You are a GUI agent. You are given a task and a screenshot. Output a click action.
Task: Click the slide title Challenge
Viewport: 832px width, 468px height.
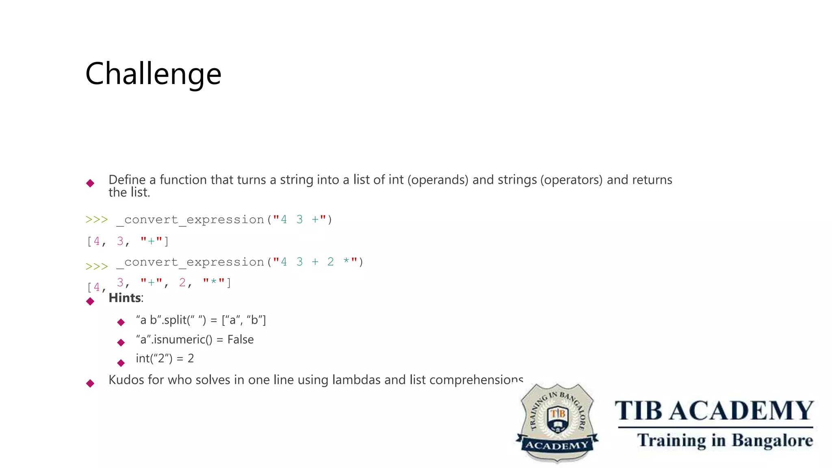pos(153,74)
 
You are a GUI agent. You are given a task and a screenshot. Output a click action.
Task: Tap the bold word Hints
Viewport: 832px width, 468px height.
pos(125,298)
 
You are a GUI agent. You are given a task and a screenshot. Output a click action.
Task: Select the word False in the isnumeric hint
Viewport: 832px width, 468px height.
pos(240,339)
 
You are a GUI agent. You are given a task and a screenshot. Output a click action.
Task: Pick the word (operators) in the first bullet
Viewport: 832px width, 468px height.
pos(571,180)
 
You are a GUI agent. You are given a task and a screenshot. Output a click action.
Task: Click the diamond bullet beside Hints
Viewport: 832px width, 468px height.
pos(90,301)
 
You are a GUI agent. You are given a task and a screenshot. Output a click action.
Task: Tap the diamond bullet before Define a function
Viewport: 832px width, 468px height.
pos(90,183)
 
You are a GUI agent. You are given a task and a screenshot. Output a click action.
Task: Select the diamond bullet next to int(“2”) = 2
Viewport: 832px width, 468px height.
pos(121,363)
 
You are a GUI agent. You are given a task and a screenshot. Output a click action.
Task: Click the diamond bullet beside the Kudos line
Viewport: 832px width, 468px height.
pos(90,383)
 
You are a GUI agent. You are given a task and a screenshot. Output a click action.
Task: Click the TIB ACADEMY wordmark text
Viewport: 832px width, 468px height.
pos(714,411)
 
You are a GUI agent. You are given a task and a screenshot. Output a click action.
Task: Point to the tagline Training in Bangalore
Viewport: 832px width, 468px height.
pos(725,440)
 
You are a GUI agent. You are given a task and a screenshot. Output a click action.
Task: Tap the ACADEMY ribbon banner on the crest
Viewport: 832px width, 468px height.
pos(557,446)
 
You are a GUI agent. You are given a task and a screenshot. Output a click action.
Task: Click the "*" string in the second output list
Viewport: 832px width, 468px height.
pos(214,282)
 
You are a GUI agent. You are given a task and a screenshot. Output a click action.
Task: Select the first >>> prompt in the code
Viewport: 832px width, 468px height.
pos(97,220)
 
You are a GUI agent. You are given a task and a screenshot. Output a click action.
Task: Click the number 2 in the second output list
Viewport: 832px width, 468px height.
pos(182,282)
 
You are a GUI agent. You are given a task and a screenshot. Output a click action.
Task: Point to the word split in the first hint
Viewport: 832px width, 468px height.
pos(175,320)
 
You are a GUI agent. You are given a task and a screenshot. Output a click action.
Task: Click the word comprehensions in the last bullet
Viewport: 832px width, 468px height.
pos(476,380)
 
